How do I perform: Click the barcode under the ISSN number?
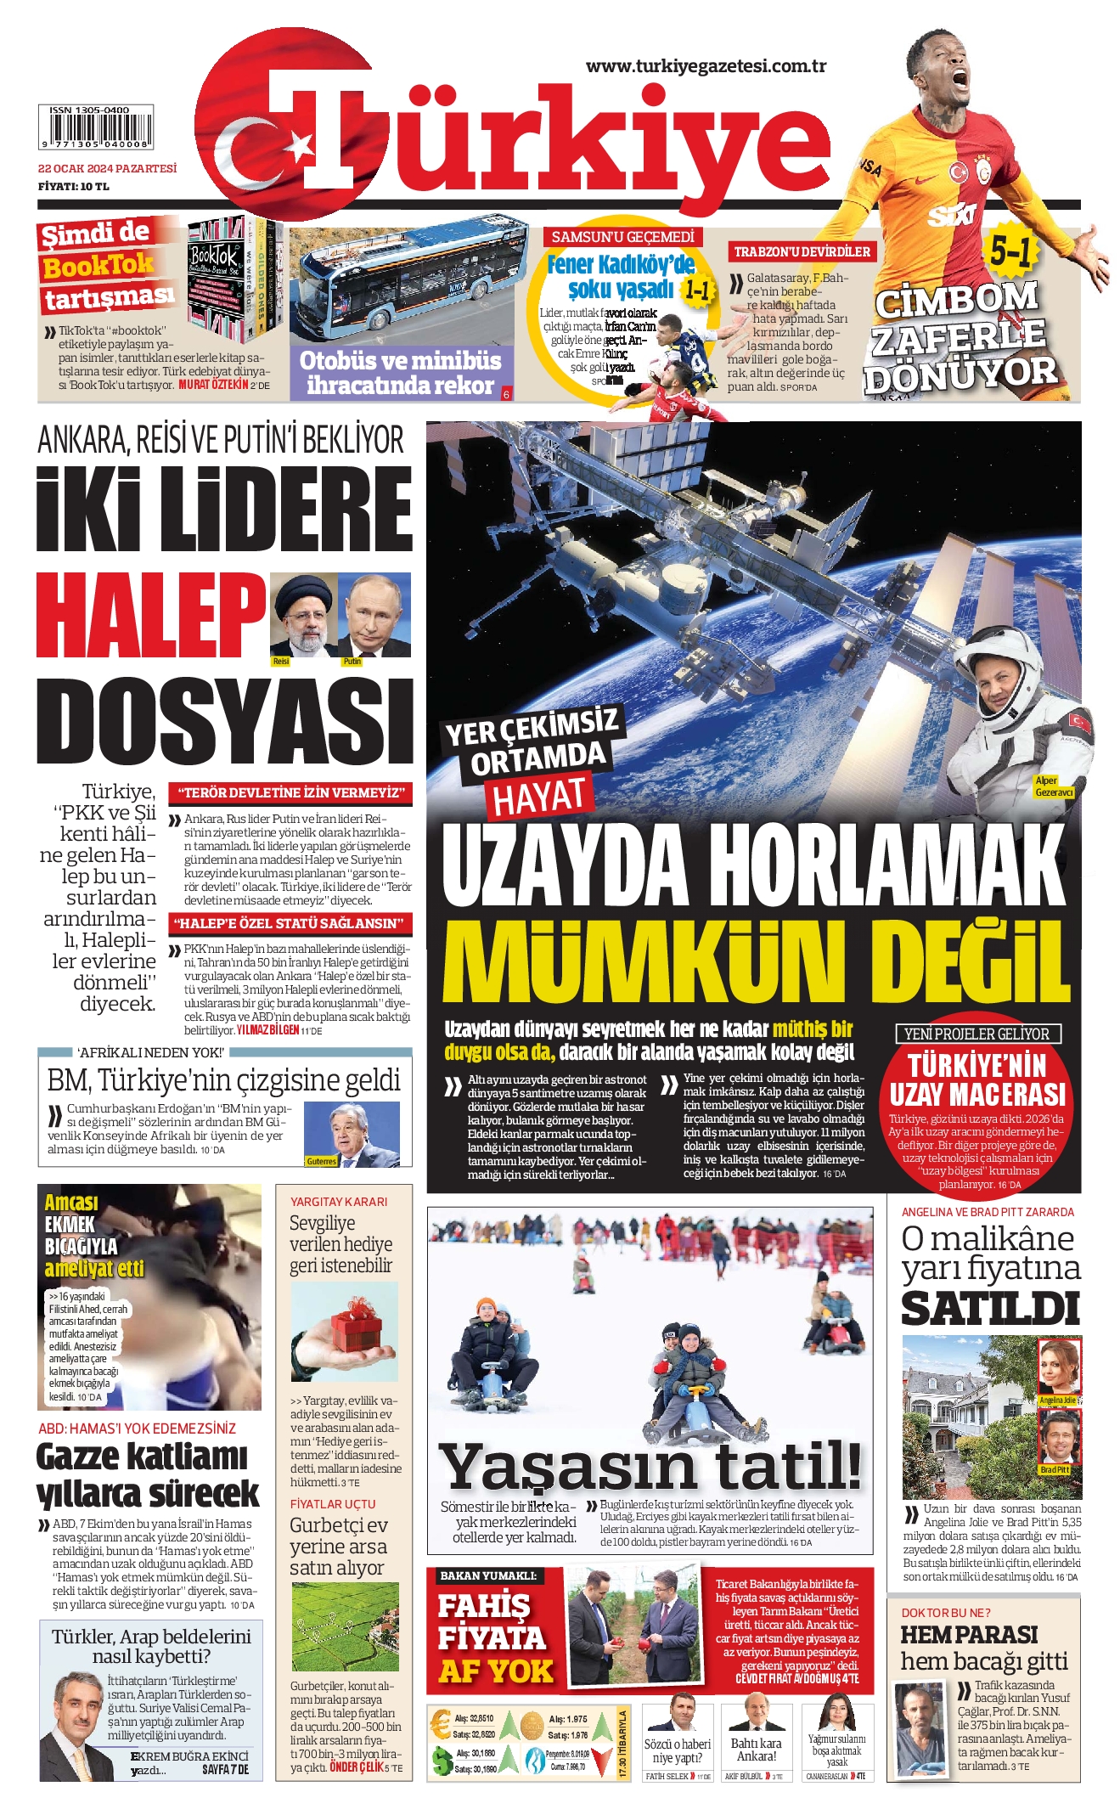tap(95, 132)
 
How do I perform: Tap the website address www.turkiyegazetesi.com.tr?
tap(706, 66)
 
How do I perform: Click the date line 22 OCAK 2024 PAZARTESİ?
tap(107, 168)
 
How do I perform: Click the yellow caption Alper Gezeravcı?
tap(1053, 786)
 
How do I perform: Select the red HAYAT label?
tap(539, 797)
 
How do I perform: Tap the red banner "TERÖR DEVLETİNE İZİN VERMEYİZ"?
tap(290, 793)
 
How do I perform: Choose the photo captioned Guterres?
tap(352, 1134)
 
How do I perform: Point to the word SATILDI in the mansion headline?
tap(989, 1309)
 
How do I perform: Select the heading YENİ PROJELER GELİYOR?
tap(976, 1034)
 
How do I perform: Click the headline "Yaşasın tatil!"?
tap(650, 1467)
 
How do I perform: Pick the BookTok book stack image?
tap(233, 279)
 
